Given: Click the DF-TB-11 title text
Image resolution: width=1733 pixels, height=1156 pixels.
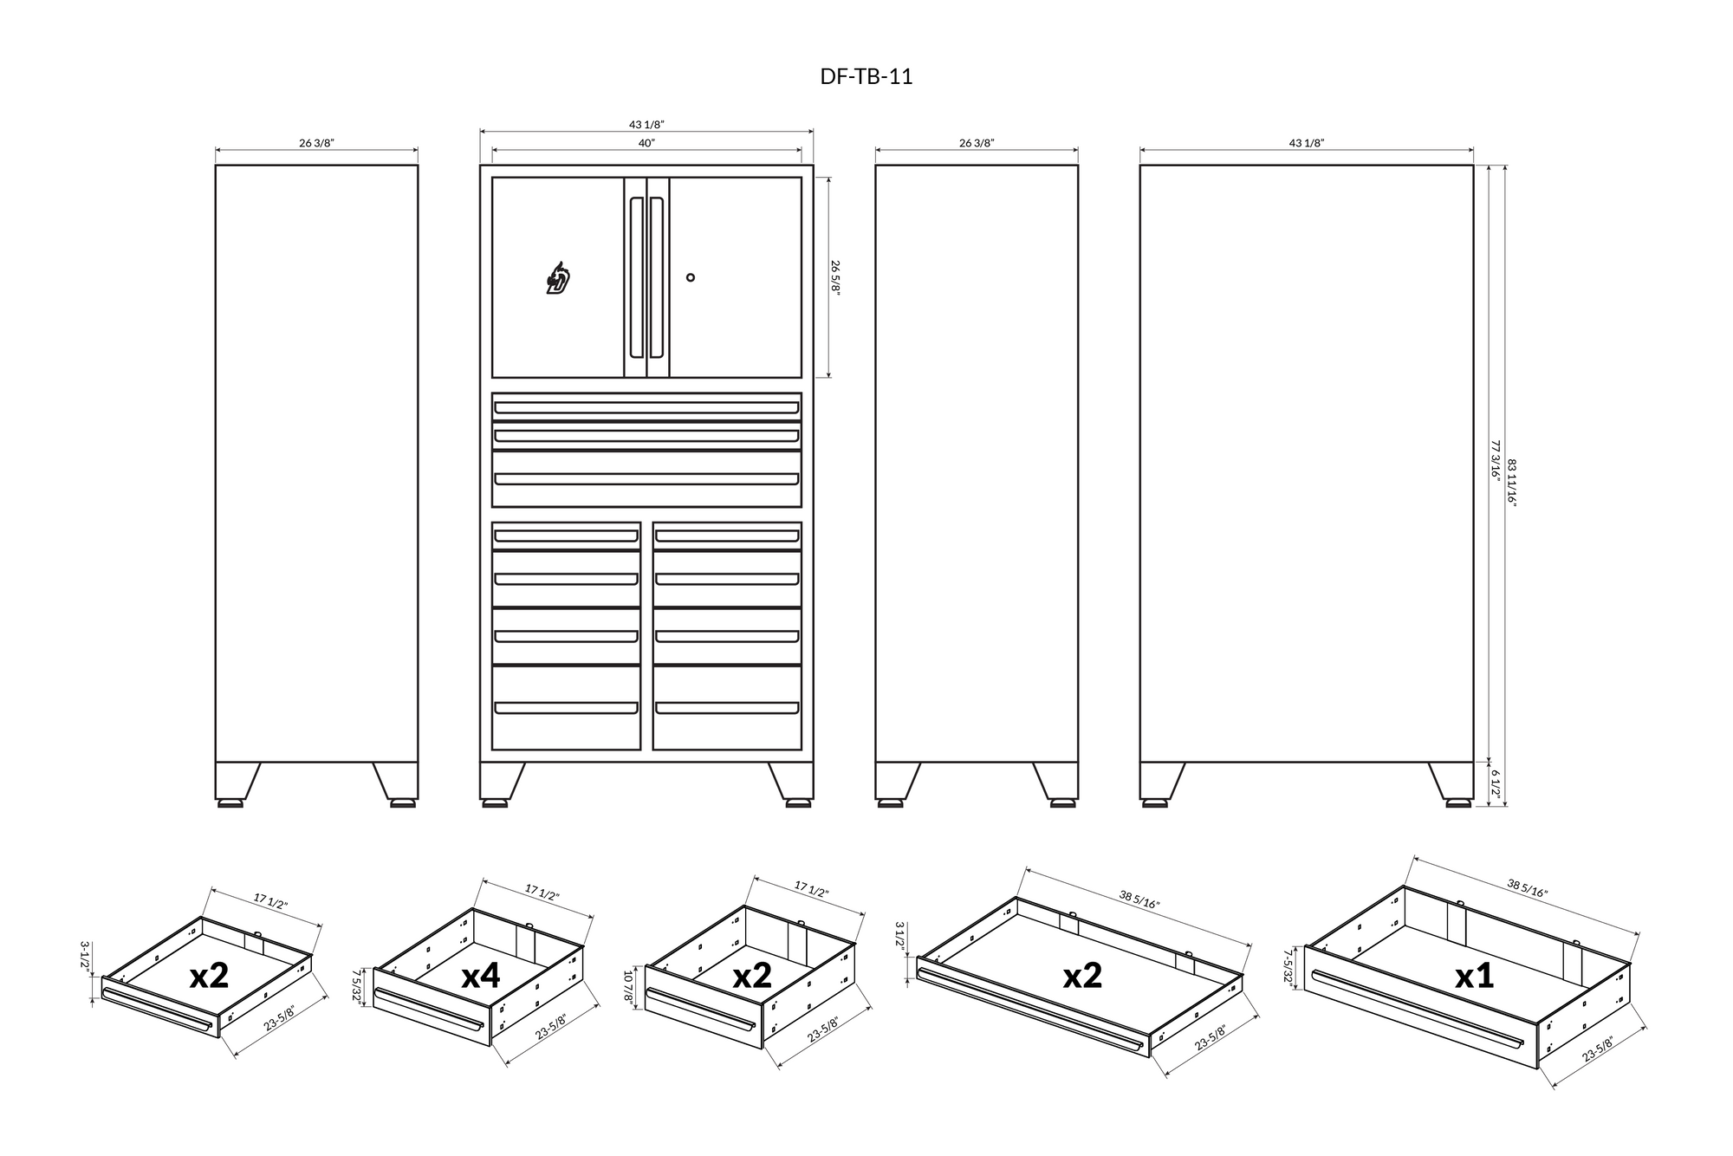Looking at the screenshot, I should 866,77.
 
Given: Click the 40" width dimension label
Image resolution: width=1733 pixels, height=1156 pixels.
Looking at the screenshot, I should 646,143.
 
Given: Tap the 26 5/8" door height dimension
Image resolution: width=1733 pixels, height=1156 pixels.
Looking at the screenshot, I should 836,277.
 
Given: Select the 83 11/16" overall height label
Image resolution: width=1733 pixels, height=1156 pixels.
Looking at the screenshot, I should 1512,483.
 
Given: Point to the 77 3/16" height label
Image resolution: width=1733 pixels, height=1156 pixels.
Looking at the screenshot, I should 1495,459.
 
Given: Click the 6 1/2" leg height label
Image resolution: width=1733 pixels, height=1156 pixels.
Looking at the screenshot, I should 1496,783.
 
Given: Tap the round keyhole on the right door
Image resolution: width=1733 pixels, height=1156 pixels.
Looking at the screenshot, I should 691,277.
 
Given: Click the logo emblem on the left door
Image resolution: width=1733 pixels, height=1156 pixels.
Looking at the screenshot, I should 559,279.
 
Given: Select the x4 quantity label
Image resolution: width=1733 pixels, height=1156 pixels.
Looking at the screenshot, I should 481,976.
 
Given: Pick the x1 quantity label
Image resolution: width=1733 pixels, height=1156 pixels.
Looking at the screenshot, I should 1474,976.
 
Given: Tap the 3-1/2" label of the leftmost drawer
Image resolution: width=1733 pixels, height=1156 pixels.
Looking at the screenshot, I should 86,959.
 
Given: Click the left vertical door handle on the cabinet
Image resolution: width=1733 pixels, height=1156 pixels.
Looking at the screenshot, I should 636,277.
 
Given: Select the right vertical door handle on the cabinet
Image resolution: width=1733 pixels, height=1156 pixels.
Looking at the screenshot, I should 657,277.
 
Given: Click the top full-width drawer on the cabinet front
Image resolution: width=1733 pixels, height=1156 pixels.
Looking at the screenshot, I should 646,406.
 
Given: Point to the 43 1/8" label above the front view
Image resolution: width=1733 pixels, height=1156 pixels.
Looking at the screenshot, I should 646,125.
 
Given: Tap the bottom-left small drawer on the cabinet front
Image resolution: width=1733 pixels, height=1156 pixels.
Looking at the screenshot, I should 566,707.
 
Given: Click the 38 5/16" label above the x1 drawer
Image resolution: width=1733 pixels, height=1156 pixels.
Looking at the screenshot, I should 1527,888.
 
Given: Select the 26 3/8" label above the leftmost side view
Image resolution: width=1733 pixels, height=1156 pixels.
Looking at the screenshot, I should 316,143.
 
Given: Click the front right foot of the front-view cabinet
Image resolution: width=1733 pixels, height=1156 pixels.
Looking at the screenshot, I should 798,802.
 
